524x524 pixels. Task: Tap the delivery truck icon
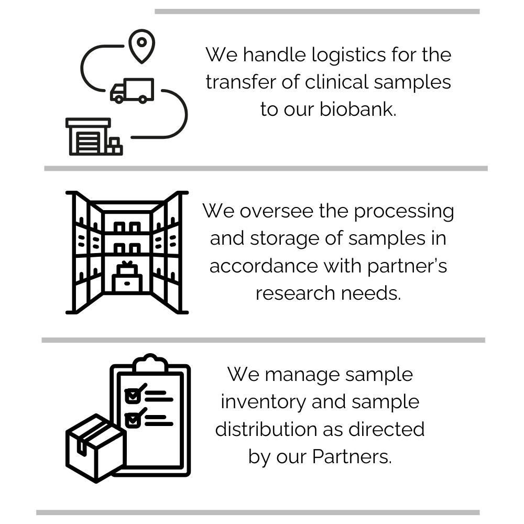pyautogui.click(x=132, y=91)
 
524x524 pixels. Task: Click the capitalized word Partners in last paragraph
pyautogui.click(x=352, y=456)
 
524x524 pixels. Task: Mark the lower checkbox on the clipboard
pyautogui.click(x=133, y=419)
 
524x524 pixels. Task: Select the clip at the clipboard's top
pyautogui.click(x=150, y=363)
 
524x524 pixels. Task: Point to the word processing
pyautogui.click(x=403, y=211)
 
